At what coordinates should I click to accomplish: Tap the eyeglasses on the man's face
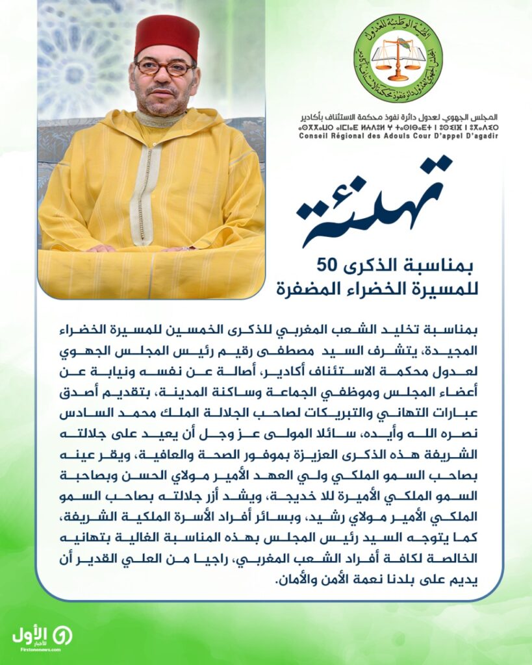pos(164,68)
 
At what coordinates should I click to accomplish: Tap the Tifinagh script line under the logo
pos(398,127)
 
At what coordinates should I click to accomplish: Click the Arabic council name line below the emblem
pos(398,118)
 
